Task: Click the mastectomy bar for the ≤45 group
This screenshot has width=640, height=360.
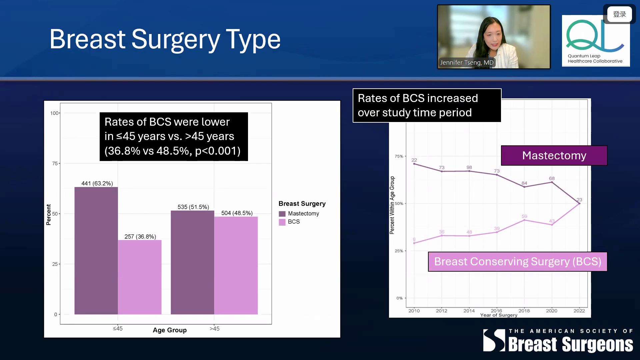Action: (x=96, y=251)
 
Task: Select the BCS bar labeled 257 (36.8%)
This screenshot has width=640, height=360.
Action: (x=140, y=277)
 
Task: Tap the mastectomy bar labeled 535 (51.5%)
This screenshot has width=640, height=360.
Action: (x=192, y=262)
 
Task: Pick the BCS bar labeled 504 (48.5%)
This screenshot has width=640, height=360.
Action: (x=236, y=265)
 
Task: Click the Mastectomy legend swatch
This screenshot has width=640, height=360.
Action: (x=282, y=214)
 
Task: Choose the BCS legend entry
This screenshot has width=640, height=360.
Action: (x=289, y=222)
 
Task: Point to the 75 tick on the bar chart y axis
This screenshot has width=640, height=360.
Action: (x=55, y=163)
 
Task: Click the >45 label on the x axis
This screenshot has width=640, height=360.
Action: (x=214, y=329)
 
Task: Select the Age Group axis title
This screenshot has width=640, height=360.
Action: (x=170, y=330)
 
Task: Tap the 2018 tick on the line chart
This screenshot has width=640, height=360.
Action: (x=524, y=311)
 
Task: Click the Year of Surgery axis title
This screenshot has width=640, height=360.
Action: (x=499, y=315)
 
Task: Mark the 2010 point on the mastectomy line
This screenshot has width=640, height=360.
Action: (x=414, y=164)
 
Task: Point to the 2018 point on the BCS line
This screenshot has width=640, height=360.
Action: (x=524, y=220)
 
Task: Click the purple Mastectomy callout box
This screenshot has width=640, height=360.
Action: (x=554, y=155)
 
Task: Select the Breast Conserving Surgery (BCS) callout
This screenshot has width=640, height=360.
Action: (x=518, y=262)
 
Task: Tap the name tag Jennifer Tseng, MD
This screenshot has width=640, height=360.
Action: (x=467, y=63)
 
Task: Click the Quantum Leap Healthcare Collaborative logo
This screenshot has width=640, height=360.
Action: (x=596, y=41)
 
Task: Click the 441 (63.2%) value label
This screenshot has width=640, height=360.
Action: (x=97, y=183)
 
